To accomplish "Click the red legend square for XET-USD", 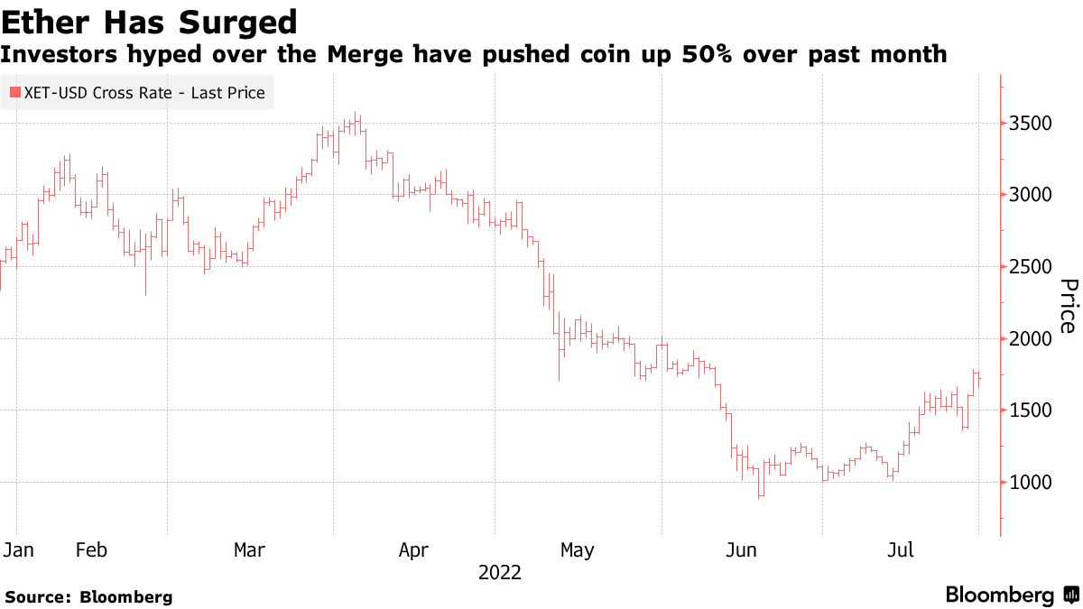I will (x=14, y=93).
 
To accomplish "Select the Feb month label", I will (x=92, y=549).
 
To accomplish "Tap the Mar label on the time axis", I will (x=249, y=549).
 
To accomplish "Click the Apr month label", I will (x=413, y=549).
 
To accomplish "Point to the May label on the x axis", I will (x=577, y=549).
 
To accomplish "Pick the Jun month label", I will (x=741, y=549).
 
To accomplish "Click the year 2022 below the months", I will (x=499, y=573).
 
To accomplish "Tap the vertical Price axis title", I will (x=1068, y=306).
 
